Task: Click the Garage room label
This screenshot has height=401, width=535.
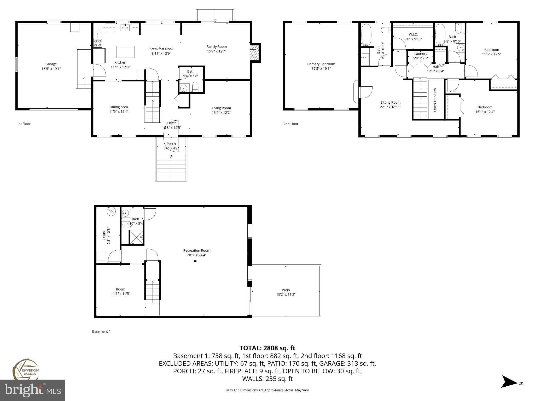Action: pyautogui.click(x=51, y=64)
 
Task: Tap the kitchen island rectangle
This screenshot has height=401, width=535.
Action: pyautogui.click(x=125, y=52)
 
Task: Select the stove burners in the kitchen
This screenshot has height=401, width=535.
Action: pyautogui.click(x=98, y=43)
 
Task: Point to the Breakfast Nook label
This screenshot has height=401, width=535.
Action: pyautogui.click(x=161, y=49)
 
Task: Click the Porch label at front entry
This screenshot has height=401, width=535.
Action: pyautogui.click(x=171, y=144)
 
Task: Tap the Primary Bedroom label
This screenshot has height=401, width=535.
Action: pyautogui.click(x=321, y=64)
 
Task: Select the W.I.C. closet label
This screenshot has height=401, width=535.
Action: pyautogui.click(x=413, y=34)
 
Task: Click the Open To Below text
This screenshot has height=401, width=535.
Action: pyautogui.click(x=435, y=100)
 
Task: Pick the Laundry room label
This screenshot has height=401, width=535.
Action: pyautogui.click(x=421, y=54)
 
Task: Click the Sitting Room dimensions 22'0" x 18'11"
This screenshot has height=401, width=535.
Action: pyautogui.click(x=390, y=107)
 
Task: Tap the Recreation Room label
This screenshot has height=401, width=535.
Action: pyautogui.click(x=196, y=250)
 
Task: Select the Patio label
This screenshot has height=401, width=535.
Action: pyautogui.click(x=286, y=290)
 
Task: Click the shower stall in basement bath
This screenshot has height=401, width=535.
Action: pyautogui.click(x=136, y=237)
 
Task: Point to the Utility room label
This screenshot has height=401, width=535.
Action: pyautogui.click(x=104, y=235)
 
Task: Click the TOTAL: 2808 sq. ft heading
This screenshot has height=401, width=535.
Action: pyautogui.click(x=267, y=348)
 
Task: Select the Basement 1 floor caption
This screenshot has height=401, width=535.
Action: pyautogui.click(x=101, y=331)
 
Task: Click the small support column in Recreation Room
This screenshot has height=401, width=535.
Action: pyautogui.click(x=195, y=261)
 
